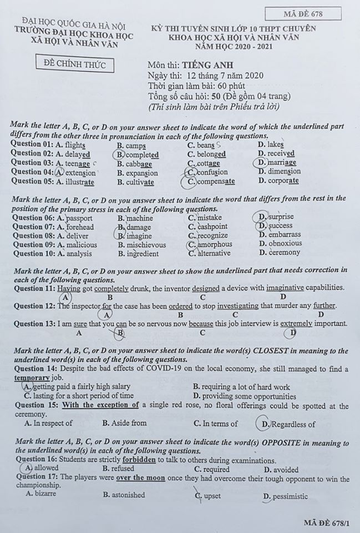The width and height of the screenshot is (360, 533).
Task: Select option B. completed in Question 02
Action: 138,154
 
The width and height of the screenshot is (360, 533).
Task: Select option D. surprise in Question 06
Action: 276,217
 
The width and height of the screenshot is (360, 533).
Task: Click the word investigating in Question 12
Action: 237,306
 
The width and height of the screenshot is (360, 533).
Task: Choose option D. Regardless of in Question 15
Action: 287,424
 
